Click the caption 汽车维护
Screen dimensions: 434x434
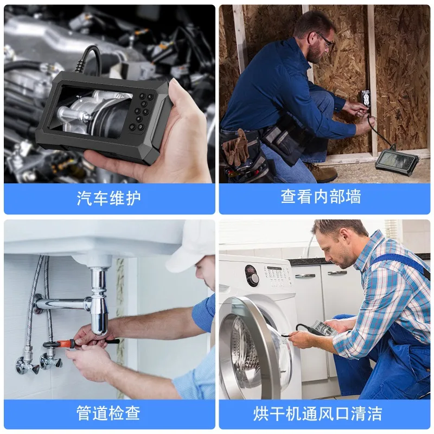(108, 198)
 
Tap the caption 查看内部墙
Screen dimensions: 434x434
(321, 197)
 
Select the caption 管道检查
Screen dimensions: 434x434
(108, 413)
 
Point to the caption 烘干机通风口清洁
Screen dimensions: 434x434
(317, 414)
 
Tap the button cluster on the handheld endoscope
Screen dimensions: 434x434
(141, 111)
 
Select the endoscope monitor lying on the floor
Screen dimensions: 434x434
(397, 161)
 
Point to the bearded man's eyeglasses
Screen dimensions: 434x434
(326, 40)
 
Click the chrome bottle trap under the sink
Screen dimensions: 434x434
(99, 302)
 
